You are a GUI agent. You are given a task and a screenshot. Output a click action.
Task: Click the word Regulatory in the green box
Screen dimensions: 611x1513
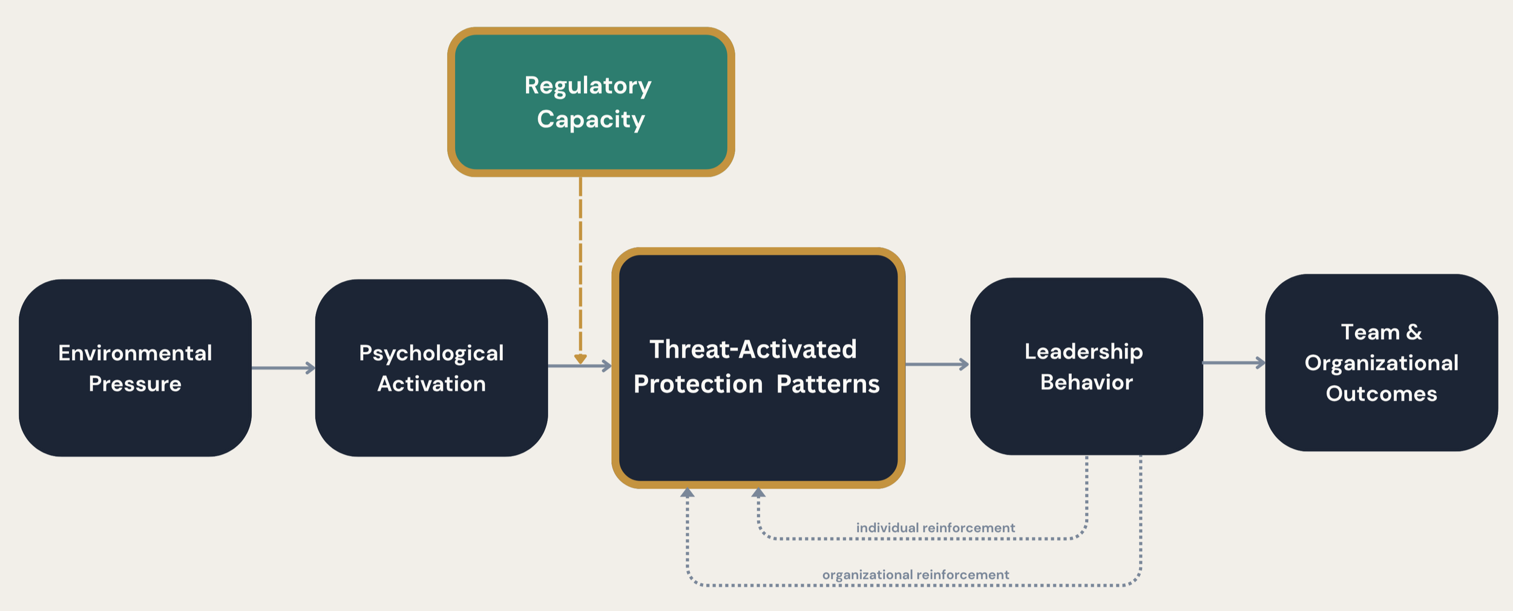click(588, 86)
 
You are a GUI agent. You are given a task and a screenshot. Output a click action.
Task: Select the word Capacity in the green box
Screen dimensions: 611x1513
click(591, 119)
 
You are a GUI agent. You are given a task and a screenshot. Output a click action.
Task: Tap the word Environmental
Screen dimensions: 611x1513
click(135, 353)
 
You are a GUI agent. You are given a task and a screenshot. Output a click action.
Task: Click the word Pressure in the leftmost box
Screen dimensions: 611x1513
click(135, 384)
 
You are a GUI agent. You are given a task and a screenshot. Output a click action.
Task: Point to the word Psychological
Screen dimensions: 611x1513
click(431, 353)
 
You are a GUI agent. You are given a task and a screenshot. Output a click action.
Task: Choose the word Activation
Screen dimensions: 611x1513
click(431, 384)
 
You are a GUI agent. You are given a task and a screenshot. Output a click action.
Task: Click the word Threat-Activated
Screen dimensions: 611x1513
click(753, 349)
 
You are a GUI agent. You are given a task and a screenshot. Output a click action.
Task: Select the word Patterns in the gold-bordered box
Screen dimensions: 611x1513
click(827, 385)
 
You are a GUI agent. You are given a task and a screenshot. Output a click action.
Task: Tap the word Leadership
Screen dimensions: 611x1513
click(1083, 352)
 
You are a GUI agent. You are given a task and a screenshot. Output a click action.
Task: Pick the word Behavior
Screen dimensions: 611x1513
click(1086, 383)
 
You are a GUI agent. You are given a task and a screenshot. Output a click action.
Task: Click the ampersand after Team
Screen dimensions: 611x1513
click(1414, 332)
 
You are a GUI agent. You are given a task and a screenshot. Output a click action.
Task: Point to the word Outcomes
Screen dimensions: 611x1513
click(1381, 394)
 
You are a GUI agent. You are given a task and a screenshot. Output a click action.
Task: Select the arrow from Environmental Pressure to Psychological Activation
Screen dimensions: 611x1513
click(283, 368)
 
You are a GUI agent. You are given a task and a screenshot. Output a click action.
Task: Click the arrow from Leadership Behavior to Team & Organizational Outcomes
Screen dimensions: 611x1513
click(1233, 363)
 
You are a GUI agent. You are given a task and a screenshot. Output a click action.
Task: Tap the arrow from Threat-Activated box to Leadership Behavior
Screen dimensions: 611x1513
click(937, 364)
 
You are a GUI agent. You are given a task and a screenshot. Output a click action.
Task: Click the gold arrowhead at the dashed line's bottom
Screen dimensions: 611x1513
click(580, 359)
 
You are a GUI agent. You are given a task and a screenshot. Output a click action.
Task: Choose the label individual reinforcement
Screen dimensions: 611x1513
click(935, 527)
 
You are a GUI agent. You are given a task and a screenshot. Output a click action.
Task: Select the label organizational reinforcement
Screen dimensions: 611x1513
click(915, 575)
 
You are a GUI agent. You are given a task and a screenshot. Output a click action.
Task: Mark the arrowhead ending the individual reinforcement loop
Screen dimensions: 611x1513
click(758, 493)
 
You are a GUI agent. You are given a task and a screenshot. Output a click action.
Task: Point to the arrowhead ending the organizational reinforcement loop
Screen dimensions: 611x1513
click(687, 493)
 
